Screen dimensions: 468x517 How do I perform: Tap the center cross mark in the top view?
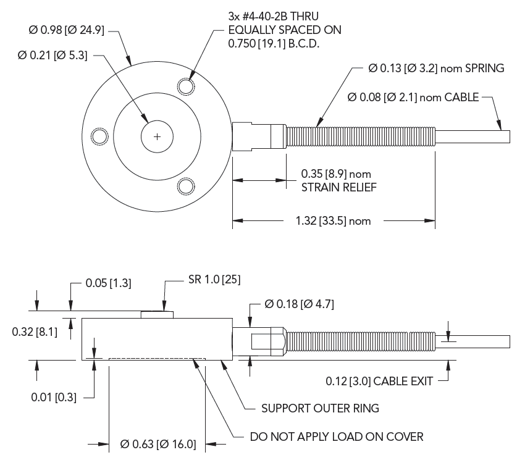pyautogui.click(x=158, y=136)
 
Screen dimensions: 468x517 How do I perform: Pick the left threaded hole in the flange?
pyautogui.click(x=98, y=136)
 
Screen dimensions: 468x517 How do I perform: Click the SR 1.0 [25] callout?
pyautogui.click(x=214, y=279)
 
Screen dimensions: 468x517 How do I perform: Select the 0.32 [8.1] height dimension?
pyautogui.click(x=35, y=332)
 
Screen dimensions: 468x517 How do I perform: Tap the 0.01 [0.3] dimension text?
pyautogui.click(x=54, y=397)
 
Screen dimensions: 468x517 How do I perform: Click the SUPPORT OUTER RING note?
pyautogui.click(x=320, y=408)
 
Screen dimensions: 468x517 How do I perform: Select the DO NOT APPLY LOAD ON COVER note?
pyautogui.click(x=336, y=437)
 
